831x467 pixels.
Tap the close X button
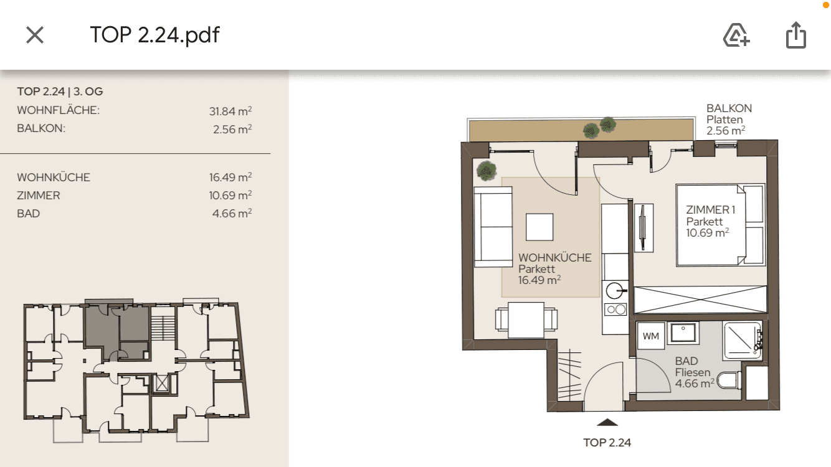coord(35,35)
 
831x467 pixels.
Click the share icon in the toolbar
coord(795,35)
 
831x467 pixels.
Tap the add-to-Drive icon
coord(736,35)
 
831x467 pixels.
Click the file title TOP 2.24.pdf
coord(154,35)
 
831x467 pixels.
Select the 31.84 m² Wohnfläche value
coord(230,111)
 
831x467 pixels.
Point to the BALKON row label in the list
coord(41,130)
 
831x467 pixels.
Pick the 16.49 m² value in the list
coord(230,177)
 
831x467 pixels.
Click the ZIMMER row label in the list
coord(39,196)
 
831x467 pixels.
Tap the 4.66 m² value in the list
coord(232,214)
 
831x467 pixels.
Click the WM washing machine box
coord(650,337)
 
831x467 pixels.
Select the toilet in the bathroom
coord(728,379)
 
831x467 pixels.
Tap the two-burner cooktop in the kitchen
coord(615,309)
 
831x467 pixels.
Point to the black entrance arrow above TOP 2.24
coord(607,423)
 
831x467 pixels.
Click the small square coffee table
coord(539,227)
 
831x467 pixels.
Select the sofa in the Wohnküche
coord(492,227)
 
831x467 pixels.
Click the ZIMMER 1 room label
coord(710,210)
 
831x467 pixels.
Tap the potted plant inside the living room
coord(486,169)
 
